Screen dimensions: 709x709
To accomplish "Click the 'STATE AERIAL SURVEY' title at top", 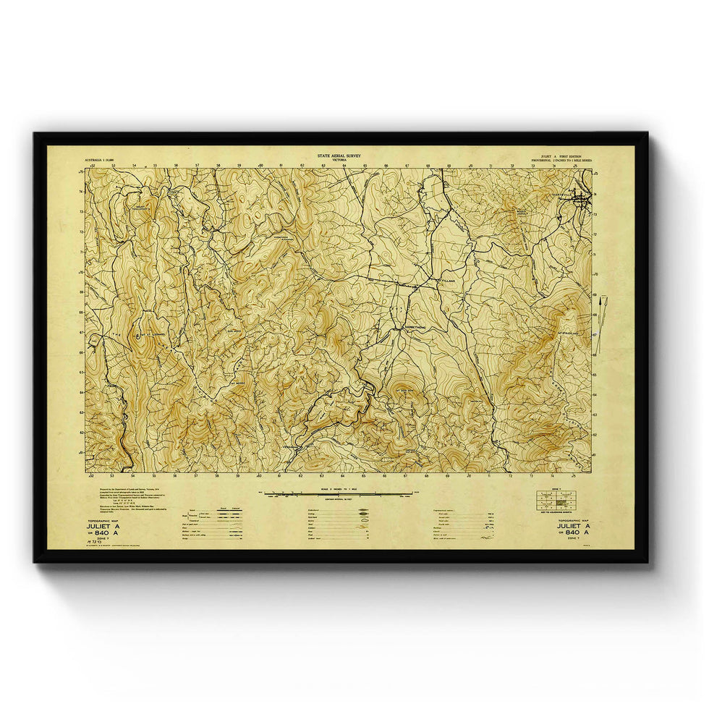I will point(339,156).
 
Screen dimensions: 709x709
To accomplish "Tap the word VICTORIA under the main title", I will point(339,161).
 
